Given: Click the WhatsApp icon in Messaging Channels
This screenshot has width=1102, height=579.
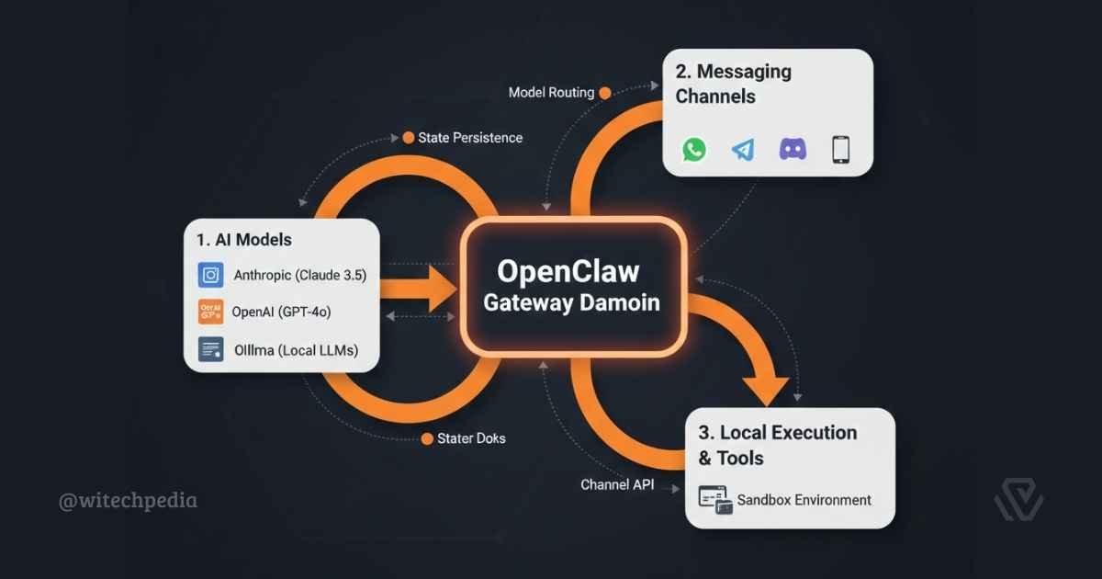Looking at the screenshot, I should coord(694,149).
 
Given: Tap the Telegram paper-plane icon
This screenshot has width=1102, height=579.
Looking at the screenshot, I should coord(743,149).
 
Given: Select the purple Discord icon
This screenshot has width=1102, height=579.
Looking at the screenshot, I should coord(792,149).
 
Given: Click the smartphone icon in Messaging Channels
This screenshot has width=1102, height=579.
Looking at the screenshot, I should coord(840,149).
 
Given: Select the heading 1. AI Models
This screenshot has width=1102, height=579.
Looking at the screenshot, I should coord(244,240).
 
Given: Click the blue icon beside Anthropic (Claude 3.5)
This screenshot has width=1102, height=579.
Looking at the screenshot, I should coord(211,275).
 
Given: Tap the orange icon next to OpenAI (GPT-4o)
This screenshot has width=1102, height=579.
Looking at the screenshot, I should coord(211,312).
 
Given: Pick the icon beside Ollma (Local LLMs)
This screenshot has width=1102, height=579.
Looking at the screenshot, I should coord(211,350).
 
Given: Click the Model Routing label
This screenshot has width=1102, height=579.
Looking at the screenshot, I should coord(551,93).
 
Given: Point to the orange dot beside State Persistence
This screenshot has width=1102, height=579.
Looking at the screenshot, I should coord(408,138).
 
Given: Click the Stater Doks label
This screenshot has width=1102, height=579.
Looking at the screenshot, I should coord(470,438).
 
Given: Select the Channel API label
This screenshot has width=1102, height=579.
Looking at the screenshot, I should coord(617,484).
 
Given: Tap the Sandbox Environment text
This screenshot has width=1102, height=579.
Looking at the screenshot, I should coord(804,500).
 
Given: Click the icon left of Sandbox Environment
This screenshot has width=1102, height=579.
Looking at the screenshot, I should coord(715,499).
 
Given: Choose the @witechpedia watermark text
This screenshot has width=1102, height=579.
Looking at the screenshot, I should coord(128,501).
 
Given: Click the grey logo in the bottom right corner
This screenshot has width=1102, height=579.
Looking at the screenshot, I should coord(1019,502).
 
